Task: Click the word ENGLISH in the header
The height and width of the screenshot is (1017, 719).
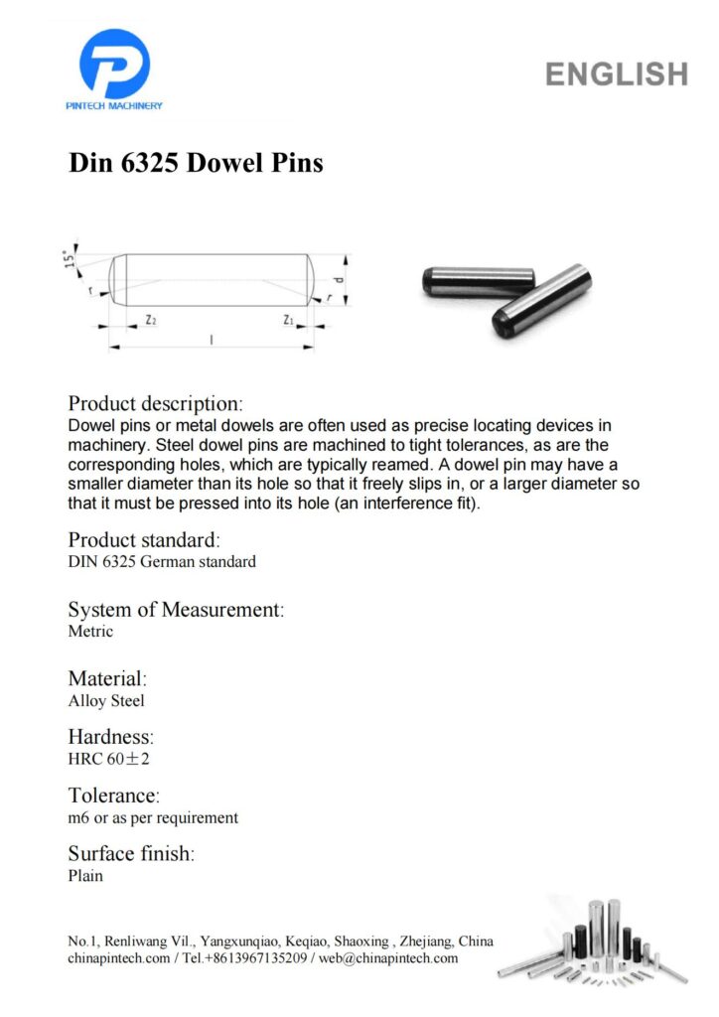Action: click(x=616, y=73)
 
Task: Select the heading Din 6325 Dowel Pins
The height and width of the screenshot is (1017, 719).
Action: click(x=196, y=162)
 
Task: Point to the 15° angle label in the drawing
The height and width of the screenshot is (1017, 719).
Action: click(x=69, y=260)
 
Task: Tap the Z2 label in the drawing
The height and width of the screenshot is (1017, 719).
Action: click(x=150, y=320)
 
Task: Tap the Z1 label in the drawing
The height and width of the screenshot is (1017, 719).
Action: click(x=288, y=320)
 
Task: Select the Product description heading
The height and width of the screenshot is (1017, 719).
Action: click(x=155, y=404)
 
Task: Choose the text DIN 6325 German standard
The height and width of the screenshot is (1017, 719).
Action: click(x=162, y=561)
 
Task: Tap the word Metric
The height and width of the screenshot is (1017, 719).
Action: click(x=90, y=631)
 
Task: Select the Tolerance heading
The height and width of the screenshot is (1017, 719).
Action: click(x=113, y=796)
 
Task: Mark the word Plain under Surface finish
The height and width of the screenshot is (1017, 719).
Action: click(x=85, y=876)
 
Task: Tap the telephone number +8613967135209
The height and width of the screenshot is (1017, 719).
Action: click(x=253, y=958)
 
